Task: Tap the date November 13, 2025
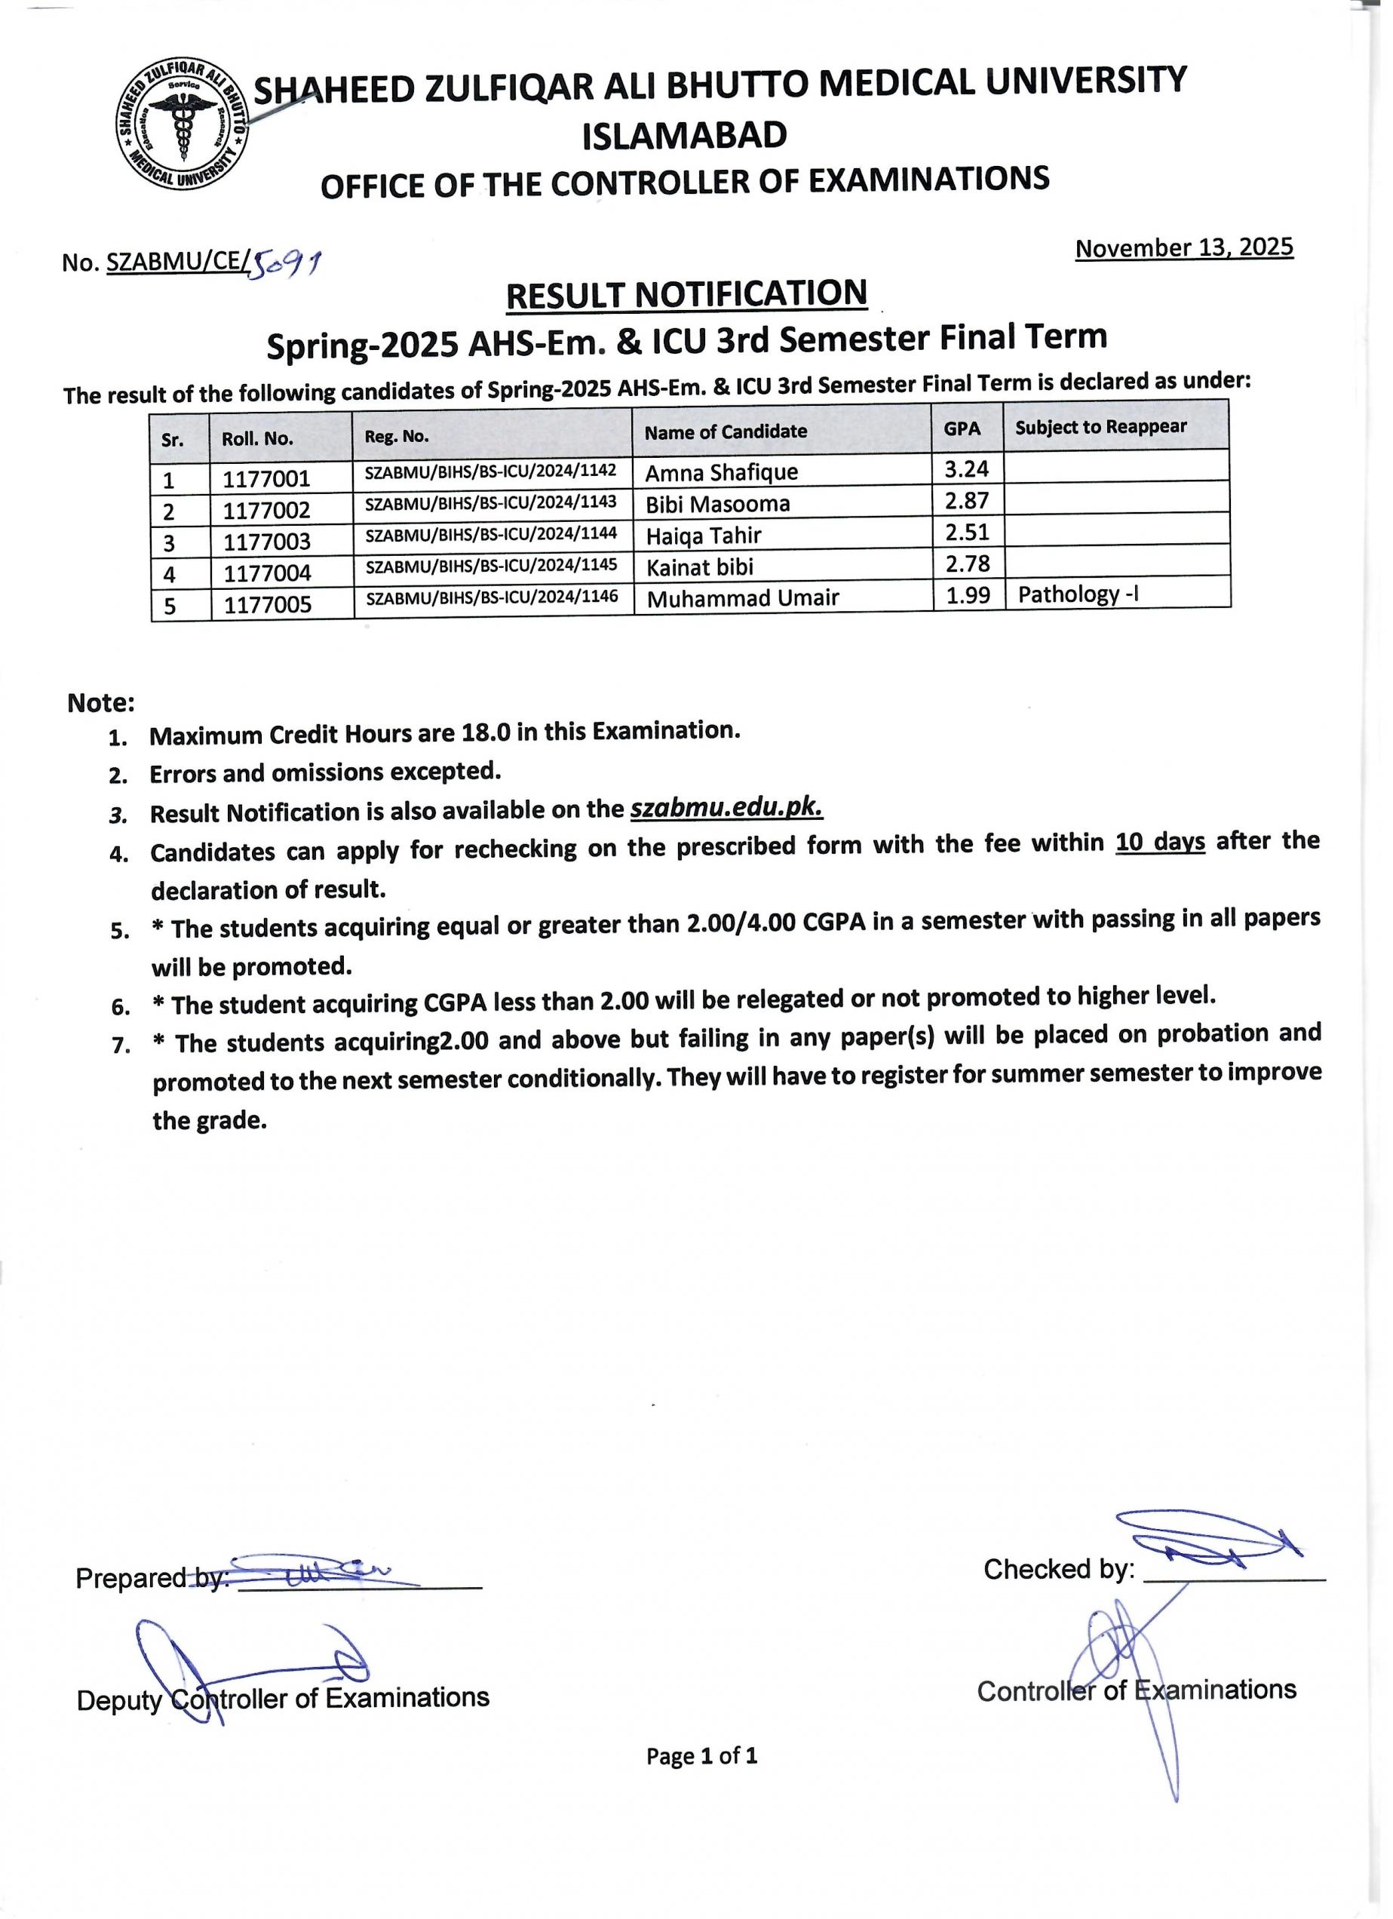tap(1183, 248)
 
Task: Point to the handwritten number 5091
tap(285, 266)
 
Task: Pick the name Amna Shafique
tap(722, 472)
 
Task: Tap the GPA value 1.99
tap(968, 596)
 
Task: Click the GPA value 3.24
tap(967, 468)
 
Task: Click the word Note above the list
tap(100, 703)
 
